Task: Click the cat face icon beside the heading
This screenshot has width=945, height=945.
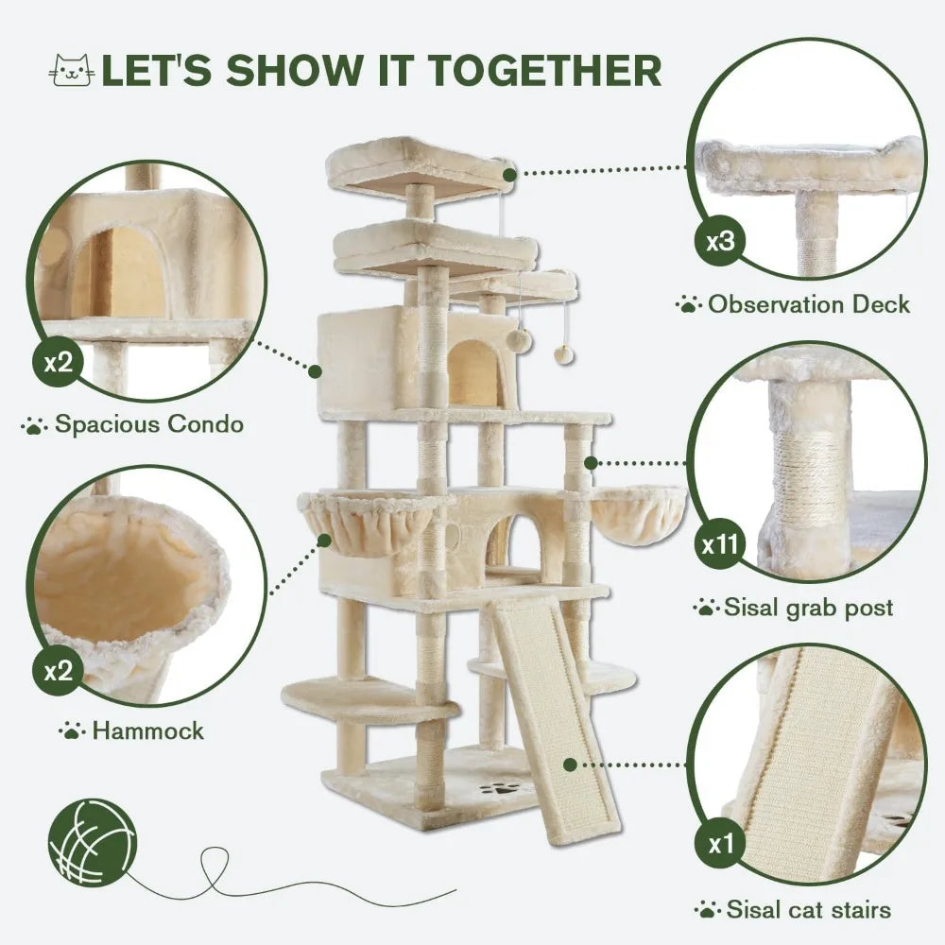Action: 72,71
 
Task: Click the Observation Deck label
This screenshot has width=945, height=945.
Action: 809,304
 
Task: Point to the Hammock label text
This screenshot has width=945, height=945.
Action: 146,730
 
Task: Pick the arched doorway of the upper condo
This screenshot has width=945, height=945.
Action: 476,374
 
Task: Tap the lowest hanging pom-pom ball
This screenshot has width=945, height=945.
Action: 564,353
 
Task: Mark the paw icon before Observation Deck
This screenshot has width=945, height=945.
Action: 688,304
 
